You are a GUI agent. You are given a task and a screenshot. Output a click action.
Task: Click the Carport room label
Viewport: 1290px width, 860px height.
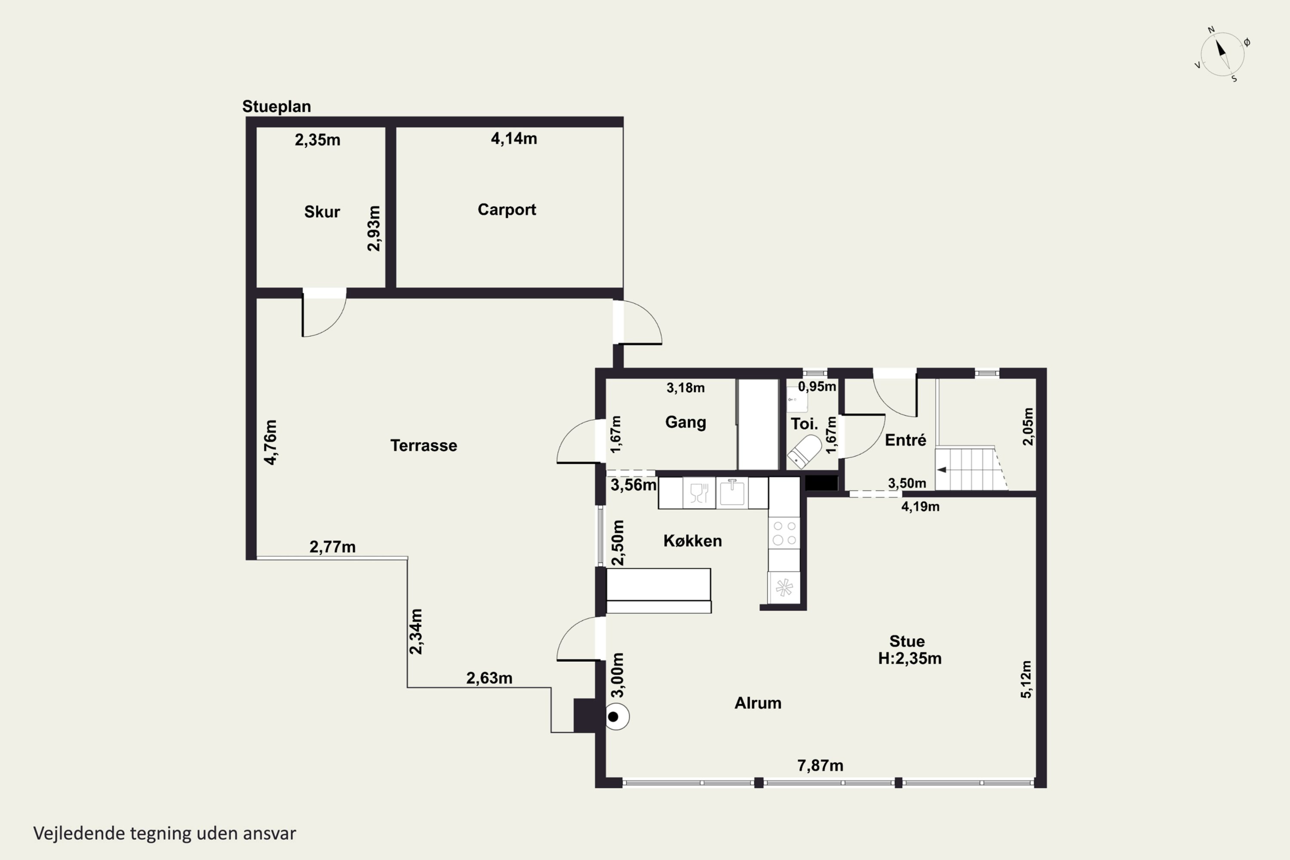[x=507, y=209]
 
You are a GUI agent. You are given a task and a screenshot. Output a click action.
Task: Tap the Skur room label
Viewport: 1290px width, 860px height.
[x=322, y=212]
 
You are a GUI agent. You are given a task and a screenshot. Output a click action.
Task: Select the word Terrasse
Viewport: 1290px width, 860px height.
[x=424, y=445]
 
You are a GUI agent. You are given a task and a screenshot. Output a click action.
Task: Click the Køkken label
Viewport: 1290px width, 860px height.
[x=693, y=541]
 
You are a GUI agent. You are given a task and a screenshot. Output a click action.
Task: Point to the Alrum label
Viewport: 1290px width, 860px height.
[x=758, y=703]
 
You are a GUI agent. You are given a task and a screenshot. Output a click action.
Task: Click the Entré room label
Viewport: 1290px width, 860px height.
[x=906, y=440]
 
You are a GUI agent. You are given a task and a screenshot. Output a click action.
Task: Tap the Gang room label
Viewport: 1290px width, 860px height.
[x=685, y=422]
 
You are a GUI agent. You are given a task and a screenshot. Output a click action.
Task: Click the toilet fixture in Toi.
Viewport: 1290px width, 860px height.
[x=804, y=451]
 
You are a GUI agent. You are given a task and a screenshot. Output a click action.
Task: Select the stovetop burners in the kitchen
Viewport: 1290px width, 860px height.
[x=784, y=533]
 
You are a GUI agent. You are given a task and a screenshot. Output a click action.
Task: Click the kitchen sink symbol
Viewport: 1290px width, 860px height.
[x=732, y=492]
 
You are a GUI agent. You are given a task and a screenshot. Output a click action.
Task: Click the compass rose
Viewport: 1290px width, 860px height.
[x=1222, y=54]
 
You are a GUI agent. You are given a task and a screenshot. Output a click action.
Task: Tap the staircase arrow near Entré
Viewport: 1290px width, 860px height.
[x=942, y=470]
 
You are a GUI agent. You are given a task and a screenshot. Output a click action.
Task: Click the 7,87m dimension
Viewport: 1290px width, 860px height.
[x=820, y=766]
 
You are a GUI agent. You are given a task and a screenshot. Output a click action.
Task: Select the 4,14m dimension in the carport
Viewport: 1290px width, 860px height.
[x=514, y=139]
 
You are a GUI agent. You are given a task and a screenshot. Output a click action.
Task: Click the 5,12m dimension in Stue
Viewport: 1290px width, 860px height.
[x=1026, y=679]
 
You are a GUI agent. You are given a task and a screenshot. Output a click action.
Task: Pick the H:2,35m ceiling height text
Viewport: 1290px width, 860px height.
[x=910, y=658]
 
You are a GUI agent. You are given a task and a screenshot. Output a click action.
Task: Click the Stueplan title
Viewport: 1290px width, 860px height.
[x=276, y=106]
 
